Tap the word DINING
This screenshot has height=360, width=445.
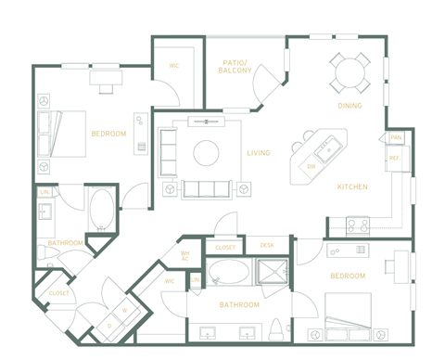350,106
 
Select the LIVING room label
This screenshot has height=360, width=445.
259,153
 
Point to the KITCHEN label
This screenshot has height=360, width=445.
352,186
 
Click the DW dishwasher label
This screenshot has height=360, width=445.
311,166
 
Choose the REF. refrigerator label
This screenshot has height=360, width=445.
394,159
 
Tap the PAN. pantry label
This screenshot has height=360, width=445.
395,137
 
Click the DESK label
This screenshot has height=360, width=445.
267,246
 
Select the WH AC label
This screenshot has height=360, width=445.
184,257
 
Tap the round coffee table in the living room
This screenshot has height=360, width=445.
206,152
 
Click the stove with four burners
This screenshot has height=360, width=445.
358,225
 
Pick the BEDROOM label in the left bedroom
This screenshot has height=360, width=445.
108,135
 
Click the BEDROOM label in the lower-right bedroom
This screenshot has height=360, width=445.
348,276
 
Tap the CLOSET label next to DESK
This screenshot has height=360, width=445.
225,248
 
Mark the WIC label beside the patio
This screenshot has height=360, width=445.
173,66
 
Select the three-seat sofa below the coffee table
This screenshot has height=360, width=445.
208,189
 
